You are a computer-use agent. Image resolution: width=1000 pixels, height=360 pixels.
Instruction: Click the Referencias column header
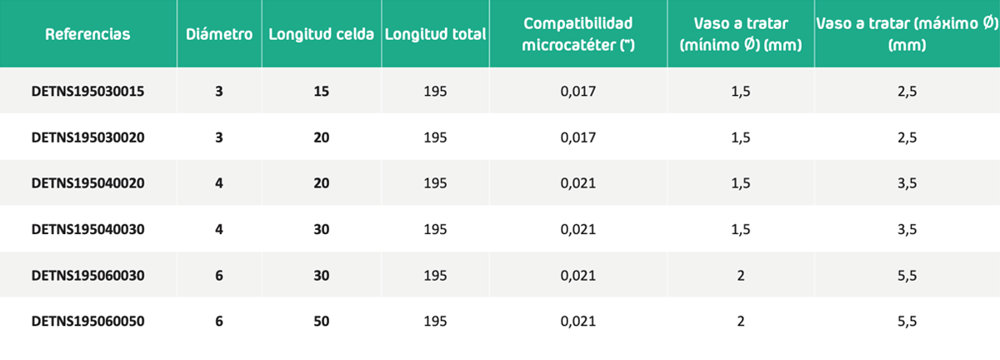(87, 34)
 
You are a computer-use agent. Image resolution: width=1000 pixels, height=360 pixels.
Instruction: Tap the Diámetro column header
(219, 34)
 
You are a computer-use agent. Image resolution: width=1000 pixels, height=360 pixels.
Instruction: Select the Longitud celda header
(322, 34)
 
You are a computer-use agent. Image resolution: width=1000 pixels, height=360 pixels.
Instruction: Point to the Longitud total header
(435, 34)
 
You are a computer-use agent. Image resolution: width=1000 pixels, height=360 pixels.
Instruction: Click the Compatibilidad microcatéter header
(578, 34)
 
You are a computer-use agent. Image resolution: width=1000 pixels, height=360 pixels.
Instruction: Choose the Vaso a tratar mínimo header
(741, 34)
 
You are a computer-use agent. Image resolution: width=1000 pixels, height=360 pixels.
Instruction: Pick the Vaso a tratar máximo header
(907, 34)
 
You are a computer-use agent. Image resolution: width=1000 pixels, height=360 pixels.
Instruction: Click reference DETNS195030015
(88, 92)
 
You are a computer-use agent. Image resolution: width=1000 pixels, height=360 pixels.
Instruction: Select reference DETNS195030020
(88, 137)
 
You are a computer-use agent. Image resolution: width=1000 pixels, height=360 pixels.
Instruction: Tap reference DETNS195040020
(88, 183)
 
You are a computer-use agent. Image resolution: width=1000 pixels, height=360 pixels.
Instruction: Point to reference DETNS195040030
(88, 229)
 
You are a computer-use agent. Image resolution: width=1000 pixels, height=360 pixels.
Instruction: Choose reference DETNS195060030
(88, 276)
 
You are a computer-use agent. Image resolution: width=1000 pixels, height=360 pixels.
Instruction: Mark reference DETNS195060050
(88, 322)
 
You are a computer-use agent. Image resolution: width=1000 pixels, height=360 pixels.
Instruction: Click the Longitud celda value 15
(322, 92)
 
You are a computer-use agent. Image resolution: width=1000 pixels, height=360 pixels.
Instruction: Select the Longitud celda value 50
(322, 322)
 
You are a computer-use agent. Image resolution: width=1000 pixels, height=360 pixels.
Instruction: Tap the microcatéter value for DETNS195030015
(578, 92)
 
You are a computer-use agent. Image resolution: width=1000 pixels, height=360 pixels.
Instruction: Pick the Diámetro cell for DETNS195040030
(218, 229)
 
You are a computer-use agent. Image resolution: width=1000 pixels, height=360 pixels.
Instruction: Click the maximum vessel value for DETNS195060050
(907, 322)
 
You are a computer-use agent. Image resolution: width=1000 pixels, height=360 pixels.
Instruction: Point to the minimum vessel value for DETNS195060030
(741, 276)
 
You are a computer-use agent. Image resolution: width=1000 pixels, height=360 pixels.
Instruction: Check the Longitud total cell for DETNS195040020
(435, 183)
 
